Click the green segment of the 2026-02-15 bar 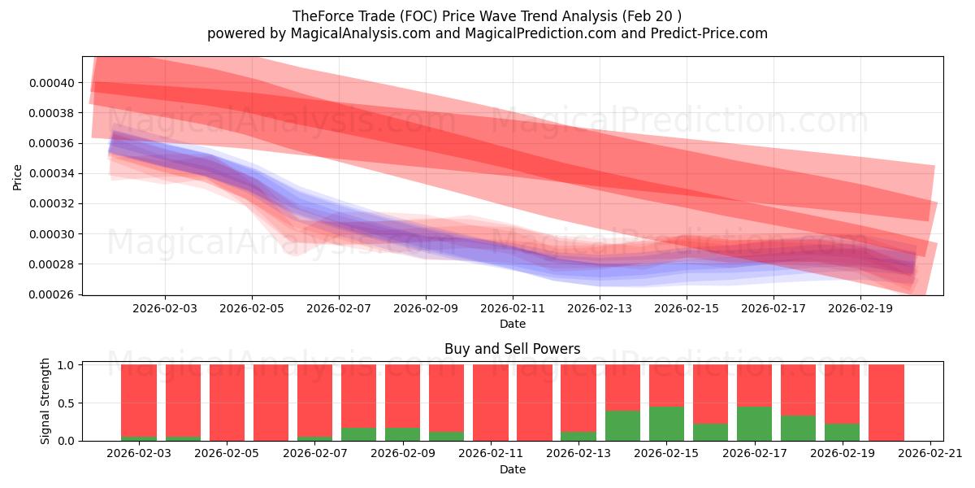click(666, 424)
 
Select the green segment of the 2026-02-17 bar click(754, 424)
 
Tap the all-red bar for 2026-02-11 click(491, 403)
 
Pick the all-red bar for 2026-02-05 click(227, 403)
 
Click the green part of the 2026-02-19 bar click(842, 432)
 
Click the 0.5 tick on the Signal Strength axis click(67, 403)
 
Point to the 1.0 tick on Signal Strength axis click(67, 365)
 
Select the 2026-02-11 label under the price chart click(513, 308)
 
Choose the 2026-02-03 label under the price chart click(165, 308)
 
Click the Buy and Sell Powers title click(512, 349)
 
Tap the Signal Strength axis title click(45, 401)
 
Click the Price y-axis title click(18, 177)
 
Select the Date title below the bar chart click(512, 469)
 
